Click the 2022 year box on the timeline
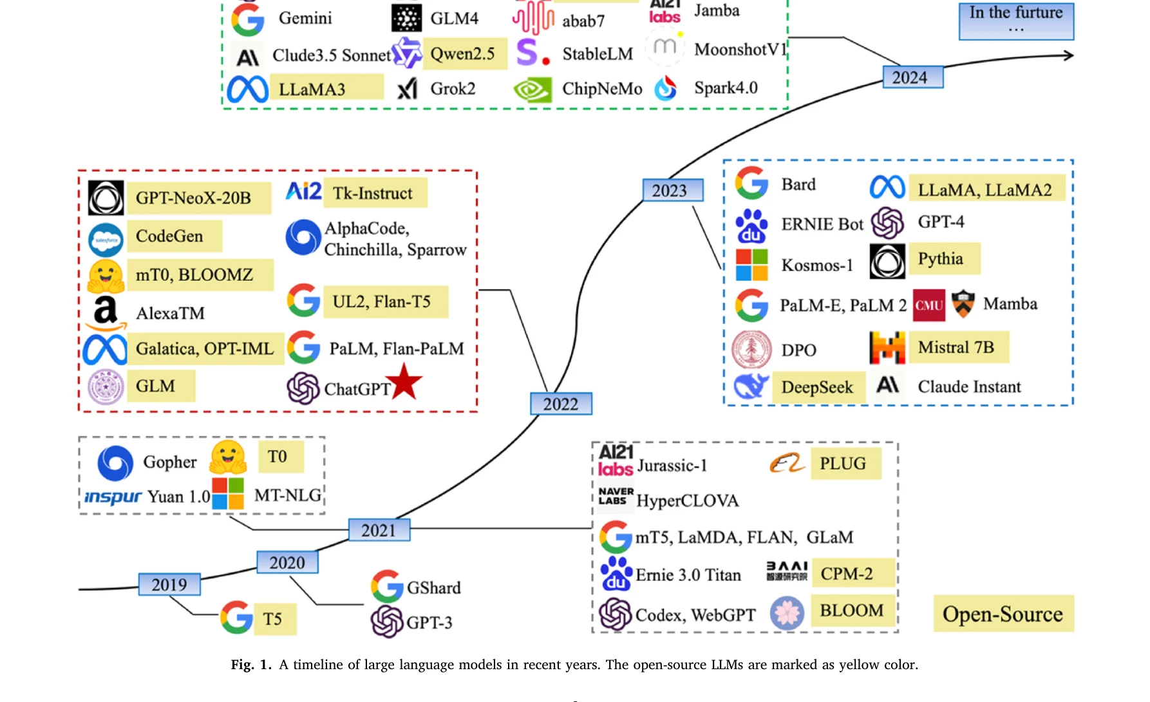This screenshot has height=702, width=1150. [x=561, y=404]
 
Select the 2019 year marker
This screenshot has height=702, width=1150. [x=169, y=585]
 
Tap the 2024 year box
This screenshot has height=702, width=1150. [x=912, y=77]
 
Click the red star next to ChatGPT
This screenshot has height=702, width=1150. [x=404, y=382]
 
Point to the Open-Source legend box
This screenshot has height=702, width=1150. [x=1003, y=614]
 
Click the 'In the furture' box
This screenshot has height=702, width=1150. [x=1016, y=21]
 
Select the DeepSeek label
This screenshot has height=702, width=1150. [x=817, y=387]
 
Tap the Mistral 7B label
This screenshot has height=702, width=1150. [x=956, y=348]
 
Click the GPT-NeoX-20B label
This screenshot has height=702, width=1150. [x=193, y=198]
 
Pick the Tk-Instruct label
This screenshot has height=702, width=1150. [x=373, y=193]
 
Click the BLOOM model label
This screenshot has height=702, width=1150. [x=851, y=610]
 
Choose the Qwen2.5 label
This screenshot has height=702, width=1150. [x=462, y=54]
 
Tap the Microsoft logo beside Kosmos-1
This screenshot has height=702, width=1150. [x=751, y=265]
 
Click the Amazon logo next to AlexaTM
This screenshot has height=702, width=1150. [x=106, y=314]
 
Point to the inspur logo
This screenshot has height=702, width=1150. [x=113, y=497]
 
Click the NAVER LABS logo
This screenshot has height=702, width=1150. [x=615, y=496]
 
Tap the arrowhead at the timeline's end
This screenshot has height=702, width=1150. [x=1068, y=55]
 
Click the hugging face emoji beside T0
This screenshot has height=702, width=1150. [x=229, y=458]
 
